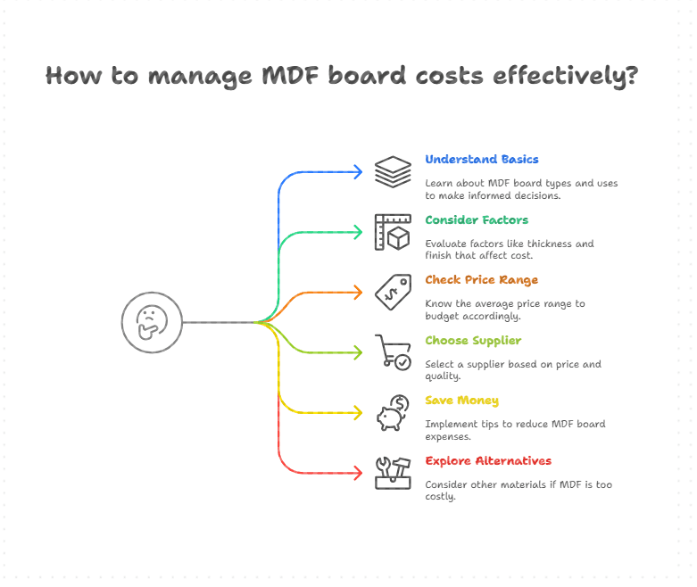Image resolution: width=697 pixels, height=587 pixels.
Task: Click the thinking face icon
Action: pos(152,322)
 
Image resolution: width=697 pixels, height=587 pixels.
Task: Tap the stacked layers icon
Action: pos(393,172)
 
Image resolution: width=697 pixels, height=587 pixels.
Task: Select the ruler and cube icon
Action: pos(393,232)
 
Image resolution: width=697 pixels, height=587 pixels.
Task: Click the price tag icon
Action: pos(393,292)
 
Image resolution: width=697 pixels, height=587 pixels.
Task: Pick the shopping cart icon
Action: pos(393,351)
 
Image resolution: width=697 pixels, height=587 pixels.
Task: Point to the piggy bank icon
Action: pos(393,413)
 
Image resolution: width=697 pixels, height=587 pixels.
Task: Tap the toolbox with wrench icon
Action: pos(393,473)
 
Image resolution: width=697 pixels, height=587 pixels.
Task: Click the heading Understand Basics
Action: pos(481,160)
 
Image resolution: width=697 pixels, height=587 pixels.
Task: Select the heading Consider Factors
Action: pos(476,219)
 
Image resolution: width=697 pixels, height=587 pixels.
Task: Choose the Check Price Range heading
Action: pos(481,280)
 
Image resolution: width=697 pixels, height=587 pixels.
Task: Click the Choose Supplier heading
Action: pos(473,341)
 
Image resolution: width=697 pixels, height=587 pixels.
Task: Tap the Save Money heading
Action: pos(461,401)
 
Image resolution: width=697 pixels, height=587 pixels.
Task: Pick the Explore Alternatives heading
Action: pos(487,461)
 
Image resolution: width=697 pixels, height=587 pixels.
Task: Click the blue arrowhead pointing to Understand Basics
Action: pos(358,172)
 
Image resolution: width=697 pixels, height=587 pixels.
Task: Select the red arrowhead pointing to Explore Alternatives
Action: pos(358,473)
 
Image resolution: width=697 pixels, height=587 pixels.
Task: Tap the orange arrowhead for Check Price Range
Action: pos(358,292)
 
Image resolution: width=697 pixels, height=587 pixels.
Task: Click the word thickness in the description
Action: pos(554,244)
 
